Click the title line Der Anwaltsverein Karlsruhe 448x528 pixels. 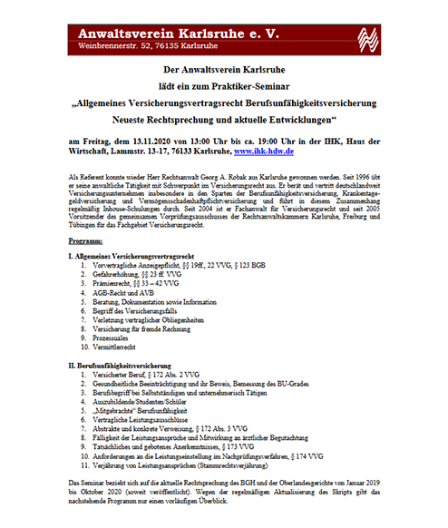(223, 70)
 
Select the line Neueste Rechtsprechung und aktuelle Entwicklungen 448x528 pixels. (223, 118)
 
